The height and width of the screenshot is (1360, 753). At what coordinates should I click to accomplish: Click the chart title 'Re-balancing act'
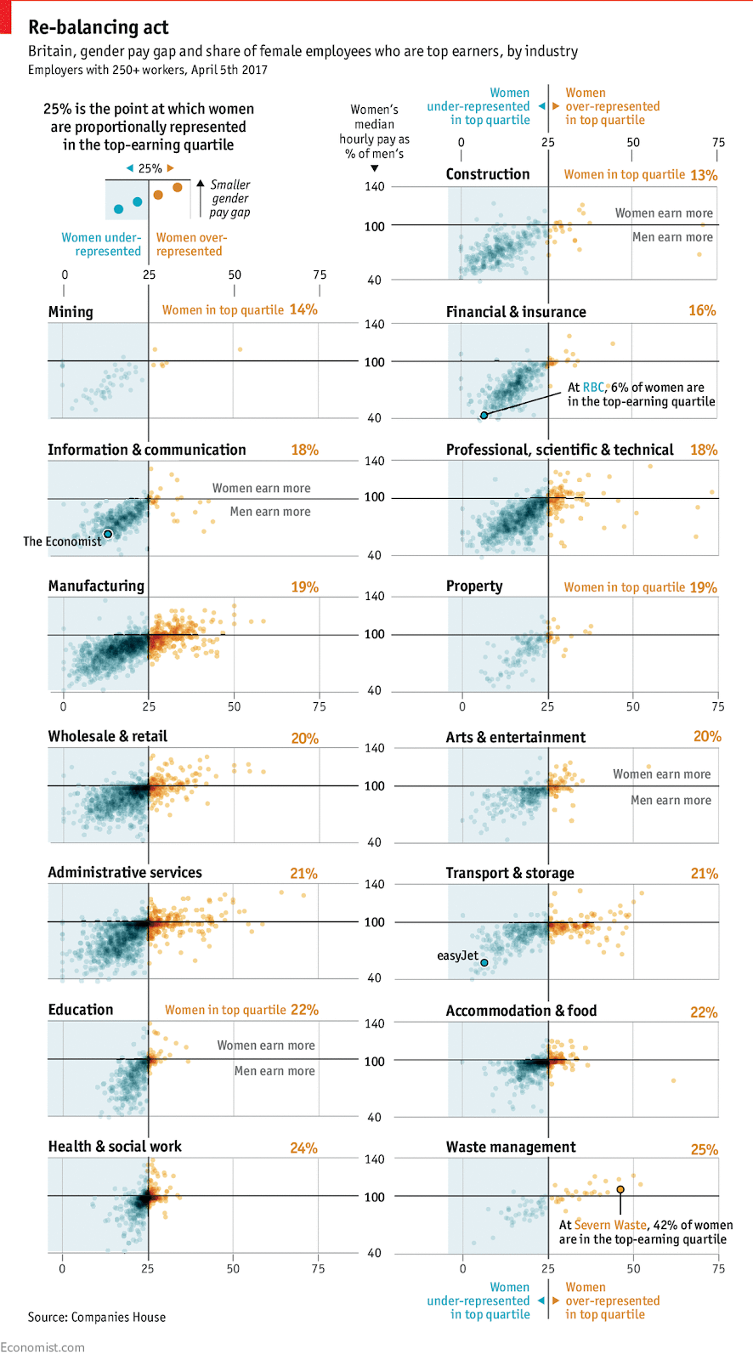(x=98, y=28)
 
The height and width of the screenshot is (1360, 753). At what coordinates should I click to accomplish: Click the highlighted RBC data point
(x=484, y=416)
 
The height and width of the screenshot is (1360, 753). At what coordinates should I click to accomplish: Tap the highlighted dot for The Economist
(x=108, y=534)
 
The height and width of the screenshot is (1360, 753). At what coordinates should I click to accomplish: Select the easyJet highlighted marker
(x=484, y=963)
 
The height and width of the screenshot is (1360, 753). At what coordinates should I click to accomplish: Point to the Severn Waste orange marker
(x=620, y=1189)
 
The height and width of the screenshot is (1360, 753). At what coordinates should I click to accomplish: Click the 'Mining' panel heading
(x=71, y=312)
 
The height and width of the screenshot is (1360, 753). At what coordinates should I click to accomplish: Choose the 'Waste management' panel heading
(x=511, y=1147)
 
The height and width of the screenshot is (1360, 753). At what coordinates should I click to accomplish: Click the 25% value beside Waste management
(x=704, y=1150)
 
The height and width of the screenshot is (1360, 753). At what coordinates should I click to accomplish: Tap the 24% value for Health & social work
(x=303, y=1148)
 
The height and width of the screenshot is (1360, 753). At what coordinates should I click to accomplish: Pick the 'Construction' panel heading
(x=488, y=174)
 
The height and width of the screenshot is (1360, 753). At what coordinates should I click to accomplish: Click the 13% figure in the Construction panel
(x=704, y=175)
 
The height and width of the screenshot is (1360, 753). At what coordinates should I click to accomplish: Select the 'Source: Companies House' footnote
(x=97, y=1317)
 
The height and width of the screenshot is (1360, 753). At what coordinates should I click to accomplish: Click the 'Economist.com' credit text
(x=42, y=1347)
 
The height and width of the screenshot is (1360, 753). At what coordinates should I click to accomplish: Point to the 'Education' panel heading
(x=81, y=1010)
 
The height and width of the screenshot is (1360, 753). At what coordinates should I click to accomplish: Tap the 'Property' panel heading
(x=474, y=586)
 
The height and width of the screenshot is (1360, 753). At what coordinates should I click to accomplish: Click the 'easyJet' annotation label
(x=457, y=956)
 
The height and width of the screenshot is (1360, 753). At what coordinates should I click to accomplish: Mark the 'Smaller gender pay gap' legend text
(x=230, y=199)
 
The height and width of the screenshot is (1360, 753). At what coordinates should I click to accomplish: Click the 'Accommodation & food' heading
(x=521, y=1011)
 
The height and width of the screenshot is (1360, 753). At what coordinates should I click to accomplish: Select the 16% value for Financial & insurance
(x=702, y=311)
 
